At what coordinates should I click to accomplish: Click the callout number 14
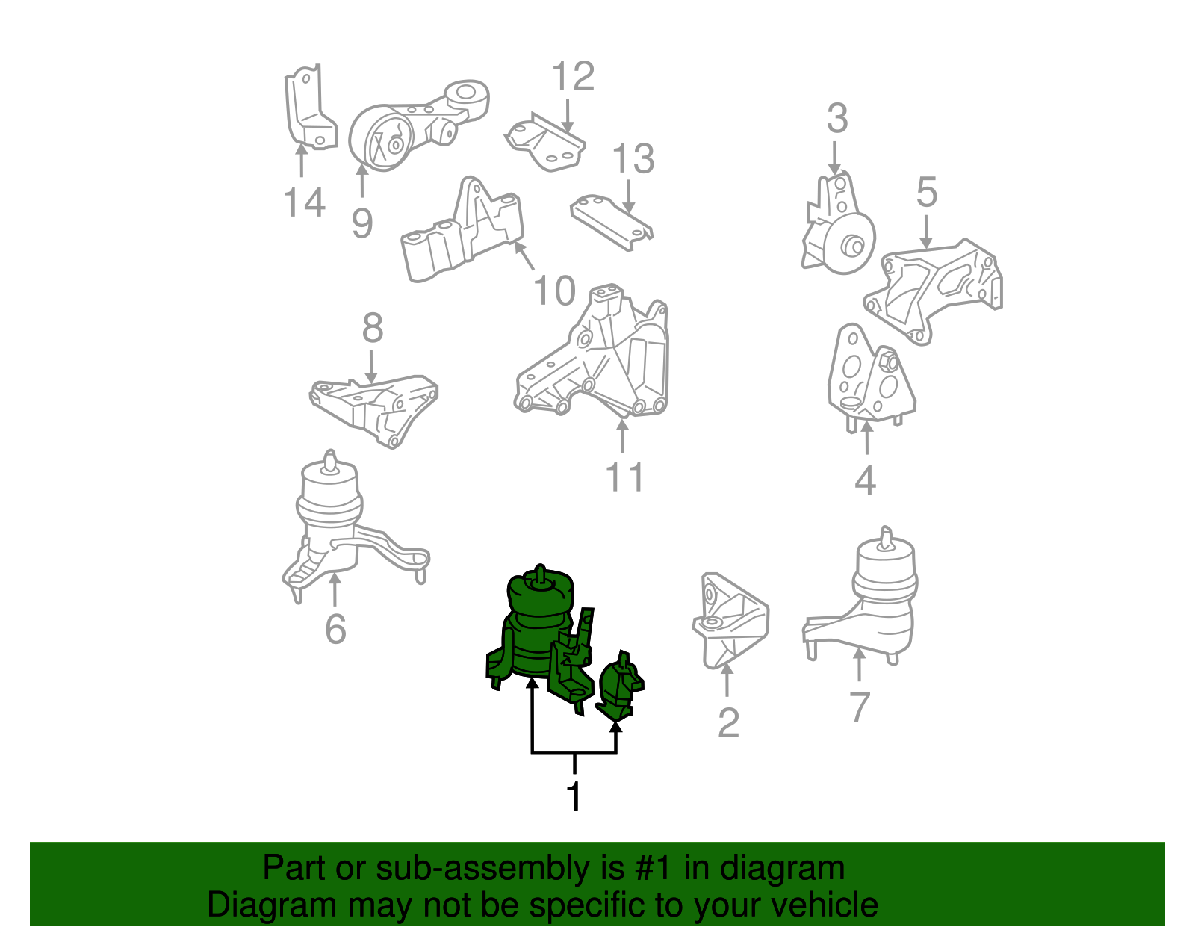tap(305, 202)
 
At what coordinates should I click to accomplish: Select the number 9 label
tap(362, 223)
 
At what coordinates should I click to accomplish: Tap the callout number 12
tap(573, 77)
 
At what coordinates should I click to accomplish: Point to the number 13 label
tap(633, 159)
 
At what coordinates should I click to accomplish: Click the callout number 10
tap(554, 291)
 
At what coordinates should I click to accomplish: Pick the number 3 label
tap(837, 119)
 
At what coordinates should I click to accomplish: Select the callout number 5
tap(926, 193)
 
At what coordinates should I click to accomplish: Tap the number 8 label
tap(372, 328)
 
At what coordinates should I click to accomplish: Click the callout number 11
tap(624, 477)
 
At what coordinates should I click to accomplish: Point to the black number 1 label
tap(574, 797)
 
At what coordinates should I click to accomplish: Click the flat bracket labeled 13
tap(611, 221)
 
